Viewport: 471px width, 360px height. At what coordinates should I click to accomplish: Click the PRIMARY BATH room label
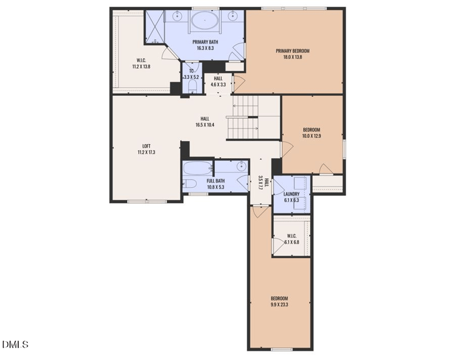[205, 42]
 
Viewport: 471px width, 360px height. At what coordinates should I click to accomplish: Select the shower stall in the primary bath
[154, 26]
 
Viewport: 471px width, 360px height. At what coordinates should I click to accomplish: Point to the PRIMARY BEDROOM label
[293, 51]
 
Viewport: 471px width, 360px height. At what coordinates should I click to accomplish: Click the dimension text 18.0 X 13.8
[293, 58]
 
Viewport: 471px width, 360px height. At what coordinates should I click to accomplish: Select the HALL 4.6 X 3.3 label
[218, 81]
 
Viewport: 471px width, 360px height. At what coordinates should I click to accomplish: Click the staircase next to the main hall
[243, 116]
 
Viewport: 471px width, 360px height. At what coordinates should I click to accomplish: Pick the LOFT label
[146, 149]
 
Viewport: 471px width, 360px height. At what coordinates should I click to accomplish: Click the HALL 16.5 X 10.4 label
[204, 122]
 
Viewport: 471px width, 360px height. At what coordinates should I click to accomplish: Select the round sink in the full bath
[241, 166]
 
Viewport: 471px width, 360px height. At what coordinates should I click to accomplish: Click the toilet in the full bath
[189, 184]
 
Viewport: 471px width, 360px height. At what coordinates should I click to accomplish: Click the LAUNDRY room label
[291, 197]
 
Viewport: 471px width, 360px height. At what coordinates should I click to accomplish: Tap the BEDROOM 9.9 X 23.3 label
[280, 301]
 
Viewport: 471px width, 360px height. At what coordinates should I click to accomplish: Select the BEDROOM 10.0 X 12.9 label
[311, 133]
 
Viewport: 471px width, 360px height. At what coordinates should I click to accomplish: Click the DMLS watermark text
[15, 344]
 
